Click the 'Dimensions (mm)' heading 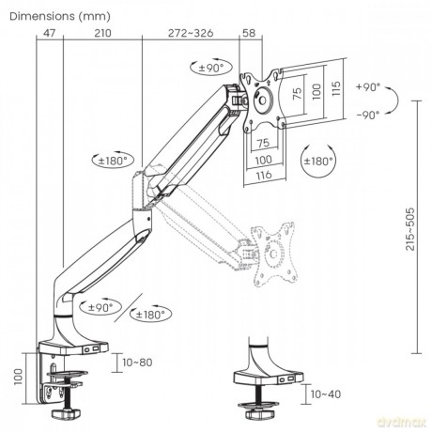coord(60,17)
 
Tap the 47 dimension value coord(49,33)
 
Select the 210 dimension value coord(102,33)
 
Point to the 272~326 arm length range coord(191,33)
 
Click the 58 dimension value coord(249,33)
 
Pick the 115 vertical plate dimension coord(336,88)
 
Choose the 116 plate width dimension coord(264,175)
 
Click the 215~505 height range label coord(409,229)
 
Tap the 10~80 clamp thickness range coord(137,363)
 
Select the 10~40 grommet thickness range coord(326,394)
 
